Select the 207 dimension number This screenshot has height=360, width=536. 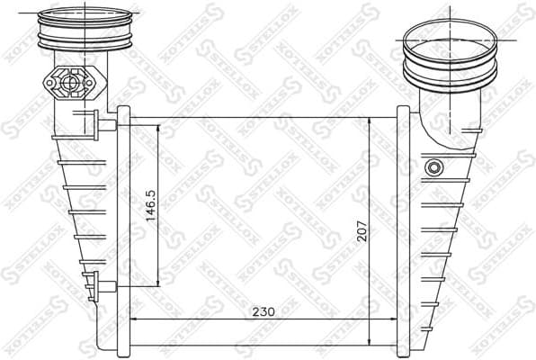point(361,232)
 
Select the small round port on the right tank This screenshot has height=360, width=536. point(434,167)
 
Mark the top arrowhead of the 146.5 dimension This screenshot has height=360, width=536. point(161,127)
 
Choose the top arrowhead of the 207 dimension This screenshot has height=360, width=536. point(371,120)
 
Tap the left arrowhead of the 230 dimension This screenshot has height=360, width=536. point(136,319)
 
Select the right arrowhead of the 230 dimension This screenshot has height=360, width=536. point(395,319)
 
